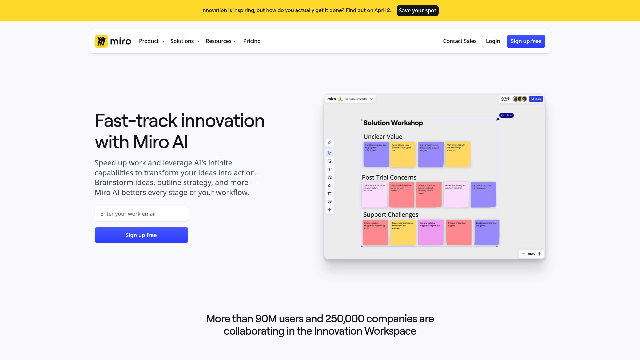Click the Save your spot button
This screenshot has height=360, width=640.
coord(417,11)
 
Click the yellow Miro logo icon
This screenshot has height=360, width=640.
coord(101,41)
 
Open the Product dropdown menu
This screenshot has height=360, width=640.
coord(152,41)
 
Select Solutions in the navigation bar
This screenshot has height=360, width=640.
coord(185,41)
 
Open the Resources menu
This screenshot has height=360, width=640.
coord(221,41)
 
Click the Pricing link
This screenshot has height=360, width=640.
coord(252,41)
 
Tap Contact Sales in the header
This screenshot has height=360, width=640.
coord(460,41)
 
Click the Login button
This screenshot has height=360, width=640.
coord(493,41)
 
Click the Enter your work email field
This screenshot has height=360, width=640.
coord(141,214)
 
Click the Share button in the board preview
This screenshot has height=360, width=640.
coord(536,99)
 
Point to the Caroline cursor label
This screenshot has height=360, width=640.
coord(506,115)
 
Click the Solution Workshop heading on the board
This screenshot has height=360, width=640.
coord(393,123)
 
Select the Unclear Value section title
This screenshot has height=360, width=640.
coord(383,137)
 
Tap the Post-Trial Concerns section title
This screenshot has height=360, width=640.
coord(389,178)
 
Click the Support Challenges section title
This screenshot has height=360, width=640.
coord(391,215)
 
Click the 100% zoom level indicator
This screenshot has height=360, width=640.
coord(531,254)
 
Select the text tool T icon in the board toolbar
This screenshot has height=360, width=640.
coord(330,170)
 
